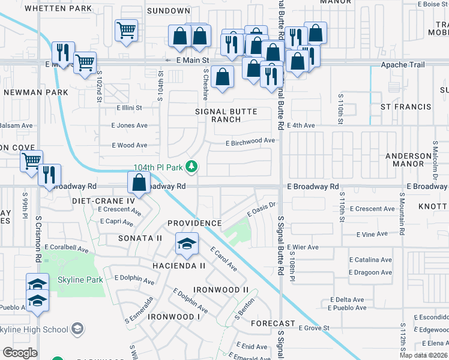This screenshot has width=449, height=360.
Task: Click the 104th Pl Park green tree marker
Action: pyautogui.click(x=191, y=166)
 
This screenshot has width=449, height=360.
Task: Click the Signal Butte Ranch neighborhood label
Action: pyautogui.click(x=226, y=115)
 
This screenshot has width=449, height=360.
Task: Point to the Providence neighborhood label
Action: pyautogui.click(x=194, y=223)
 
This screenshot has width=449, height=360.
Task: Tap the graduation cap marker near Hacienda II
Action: pyautogui.click(x=187, y=244)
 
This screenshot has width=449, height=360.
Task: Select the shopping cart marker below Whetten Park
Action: pyautogui.click(x=126, y=30)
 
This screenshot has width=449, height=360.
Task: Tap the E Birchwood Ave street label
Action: pyautogui.click(x=250, y=142)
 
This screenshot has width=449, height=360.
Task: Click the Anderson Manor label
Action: pyautogui.click(x=408, y=160)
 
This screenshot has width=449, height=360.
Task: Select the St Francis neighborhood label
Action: pyautogui.click(x=406, y=107)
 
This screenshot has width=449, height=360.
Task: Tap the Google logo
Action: pyautogui.click(x=20, y=353)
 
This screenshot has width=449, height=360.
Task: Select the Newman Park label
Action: pyautogui.click(x=28, y=92)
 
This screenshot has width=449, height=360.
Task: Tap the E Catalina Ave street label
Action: pyautogui.click(x=370, y=260)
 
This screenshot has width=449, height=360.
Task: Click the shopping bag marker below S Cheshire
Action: pyautogui.click(x=222, y=77)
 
